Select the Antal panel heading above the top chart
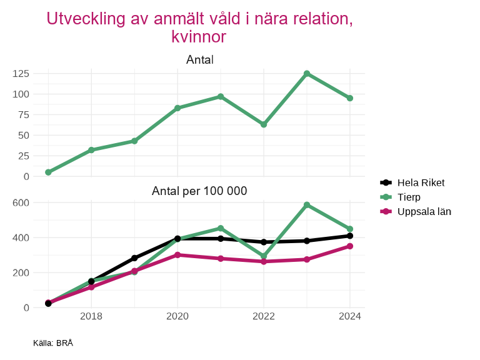coord(199,60)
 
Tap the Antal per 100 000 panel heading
coord(199,191)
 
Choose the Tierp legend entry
coord(409,197)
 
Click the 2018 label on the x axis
coord(91,316)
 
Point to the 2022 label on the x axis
coord(264,316)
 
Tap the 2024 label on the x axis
coord(350,316)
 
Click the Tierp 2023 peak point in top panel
coord(307,74)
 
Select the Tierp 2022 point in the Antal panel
coord(264,124)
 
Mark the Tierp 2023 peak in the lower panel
coord(307,205)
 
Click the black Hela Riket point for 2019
coord(134,258)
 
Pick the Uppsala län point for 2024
coord(350,246)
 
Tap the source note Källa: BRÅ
coord(53,343)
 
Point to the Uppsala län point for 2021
coord(221,258)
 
